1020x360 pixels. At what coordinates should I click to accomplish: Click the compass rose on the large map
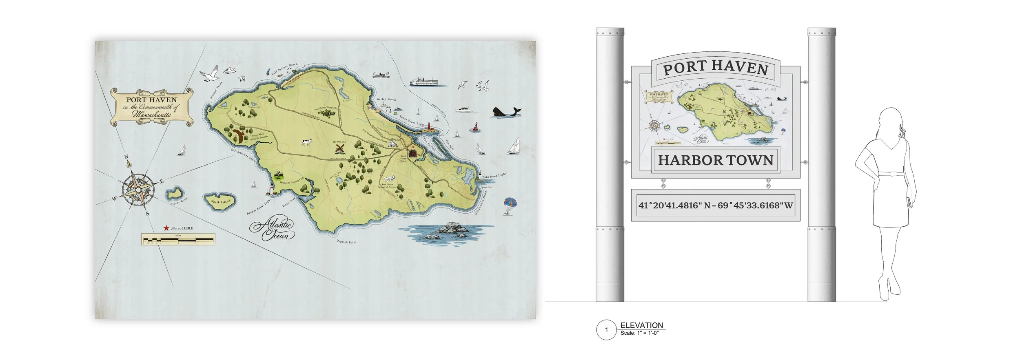(x=138, y=188)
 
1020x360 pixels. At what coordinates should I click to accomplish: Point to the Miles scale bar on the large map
(x=178, y=239)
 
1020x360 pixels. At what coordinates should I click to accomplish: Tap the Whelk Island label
(x=221, y=201)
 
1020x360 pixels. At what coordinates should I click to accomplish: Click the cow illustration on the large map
(x=306, y=142)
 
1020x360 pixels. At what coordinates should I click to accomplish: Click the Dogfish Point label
(x=346, y=242)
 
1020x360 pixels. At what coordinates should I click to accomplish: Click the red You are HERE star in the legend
(x=166, y=228)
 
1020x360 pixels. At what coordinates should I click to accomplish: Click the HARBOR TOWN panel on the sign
(x=716, y=160)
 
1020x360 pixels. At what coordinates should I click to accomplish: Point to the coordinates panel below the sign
(x=716, y=205)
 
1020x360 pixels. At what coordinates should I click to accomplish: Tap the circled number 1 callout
(x=606, y=329)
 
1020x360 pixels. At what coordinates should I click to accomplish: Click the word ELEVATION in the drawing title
(x=641, y=325)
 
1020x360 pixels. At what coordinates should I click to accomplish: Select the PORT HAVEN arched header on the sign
(x=716, y=69)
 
